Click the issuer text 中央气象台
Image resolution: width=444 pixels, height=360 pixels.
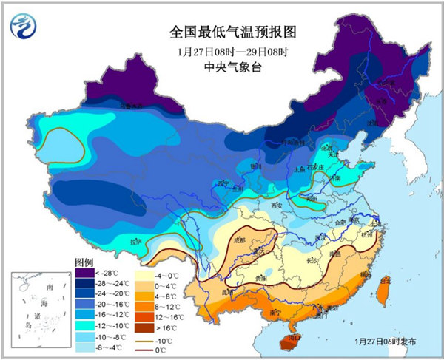pos(221,67)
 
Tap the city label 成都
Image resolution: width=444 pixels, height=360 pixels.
pos(239,240)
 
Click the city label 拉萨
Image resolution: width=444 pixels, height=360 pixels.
pos(135,241)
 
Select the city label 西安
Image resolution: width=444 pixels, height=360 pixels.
pos(277,205)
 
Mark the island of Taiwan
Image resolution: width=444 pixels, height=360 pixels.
pos(383,292)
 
